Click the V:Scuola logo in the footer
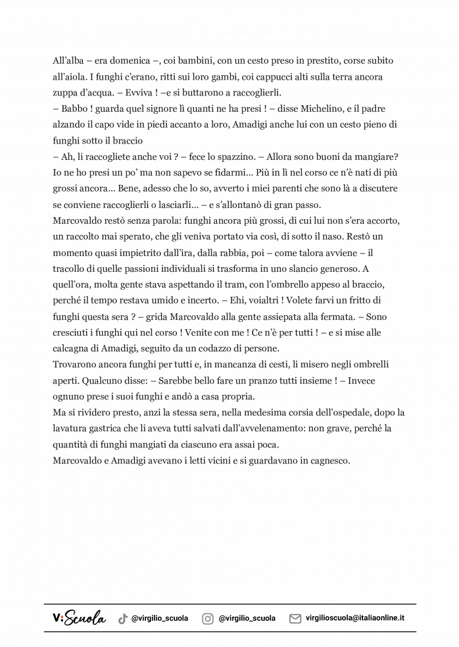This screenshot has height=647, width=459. point(79,618)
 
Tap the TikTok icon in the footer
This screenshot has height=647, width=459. point(122,619)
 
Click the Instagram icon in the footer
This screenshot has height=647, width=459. point(208,619)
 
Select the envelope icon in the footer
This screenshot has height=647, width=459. point(295,619)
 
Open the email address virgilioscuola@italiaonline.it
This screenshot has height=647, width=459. point(355,619)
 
